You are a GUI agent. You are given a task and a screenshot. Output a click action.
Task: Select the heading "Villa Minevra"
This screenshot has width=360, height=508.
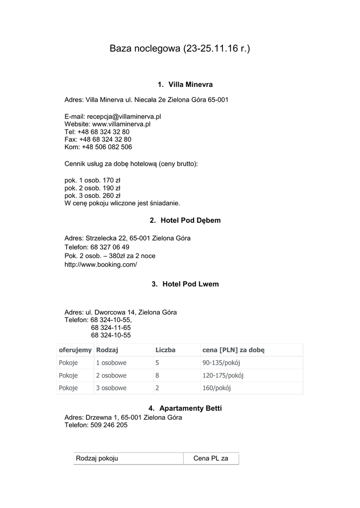click(191, 84)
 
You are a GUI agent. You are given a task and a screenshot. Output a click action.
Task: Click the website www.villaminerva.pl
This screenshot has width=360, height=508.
click(121, 124)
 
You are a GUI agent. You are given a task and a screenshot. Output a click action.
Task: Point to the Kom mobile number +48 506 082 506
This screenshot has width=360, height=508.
click(107, 147)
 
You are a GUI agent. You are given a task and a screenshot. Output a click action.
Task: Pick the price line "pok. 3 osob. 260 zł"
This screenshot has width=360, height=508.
click(92, 195)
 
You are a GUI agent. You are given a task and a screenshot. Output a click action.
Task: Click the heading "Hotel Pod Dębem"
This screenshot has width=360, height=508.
click(191, 220)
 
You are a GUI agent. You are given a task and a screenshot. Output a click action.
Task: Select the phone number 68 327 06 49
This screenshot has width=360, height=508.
click(110, 247)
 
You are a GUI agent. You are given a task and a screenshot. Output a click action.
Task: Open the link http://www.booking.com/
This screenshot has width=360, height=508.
click(100, 264)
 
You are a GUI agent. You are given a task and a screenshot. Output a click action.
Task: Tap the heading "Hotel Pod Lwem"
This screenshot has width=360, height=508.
click(191, 284)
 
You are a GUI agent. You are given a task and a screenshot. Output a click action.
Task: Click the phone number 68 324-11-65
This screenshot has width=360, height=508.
click(111, 327)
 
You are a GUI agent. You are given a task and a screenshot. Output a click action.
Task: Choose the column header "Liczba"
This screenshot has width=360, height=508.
click(165, 350)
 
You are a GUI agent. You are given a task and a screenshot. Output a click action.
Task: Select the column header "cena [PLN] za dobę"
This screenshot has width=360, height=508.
click(233, 350)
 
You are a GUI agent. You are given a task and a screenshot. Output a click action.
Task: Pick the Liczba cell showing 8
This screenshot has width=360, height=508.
click(157, 376)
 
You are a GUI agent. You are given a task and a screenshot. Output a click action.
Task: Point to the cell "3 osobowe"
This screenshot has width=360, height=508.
click(111, 388)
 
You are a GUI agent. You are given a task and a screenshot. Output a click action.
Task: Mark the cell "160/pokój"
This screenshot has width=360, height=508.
click(216, 388)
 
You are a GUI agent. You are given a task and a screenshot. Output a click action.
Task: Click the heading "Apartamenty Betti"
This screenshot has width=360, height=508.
click(191, 408)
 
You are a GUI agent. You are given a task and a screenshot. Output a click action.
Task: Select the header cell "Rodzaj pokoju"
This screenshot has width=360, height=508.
click(97, 459)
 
